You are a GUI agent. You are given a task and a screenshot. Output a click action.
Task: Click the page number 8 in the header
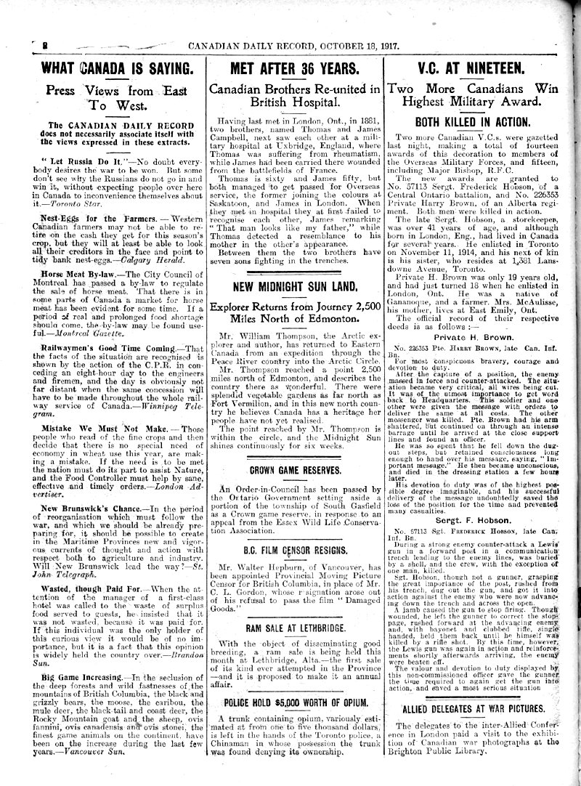click(x=35, y=44)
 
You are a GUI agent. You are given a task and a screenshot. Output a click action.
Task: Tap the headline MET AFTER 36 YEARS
click(x=293, y=69)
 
